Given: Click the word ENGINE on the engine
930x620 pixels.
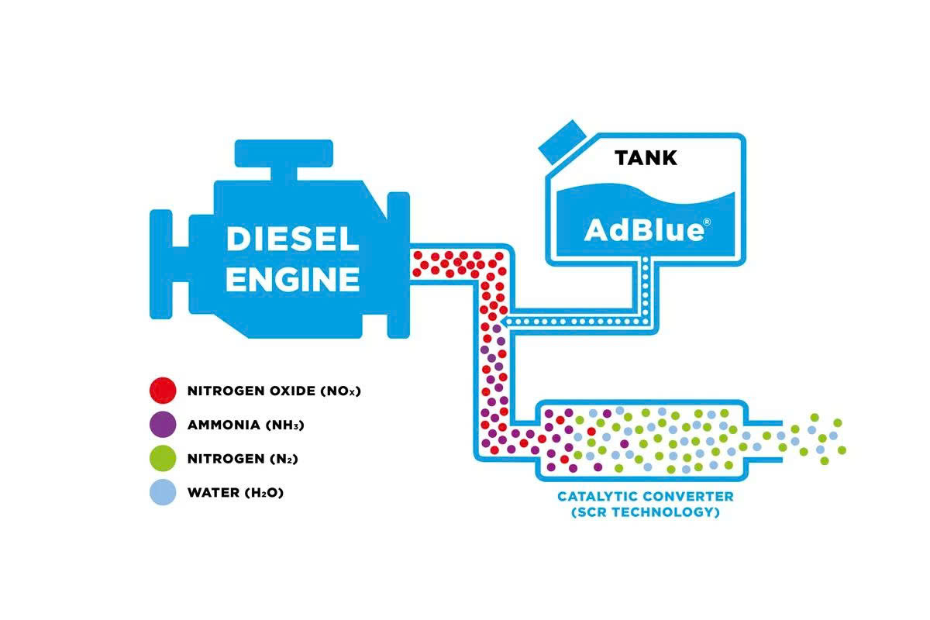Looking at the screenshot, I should click(x=292, y=278).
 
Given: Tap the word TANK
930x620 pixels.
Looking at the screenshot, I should click(x=646, y=158).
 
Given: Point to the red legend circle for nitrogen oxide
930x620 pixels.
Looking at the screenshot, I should click(x=163, y=390).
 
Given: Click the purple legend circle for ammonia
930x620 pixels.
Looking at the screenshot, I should click(x=163, y=424).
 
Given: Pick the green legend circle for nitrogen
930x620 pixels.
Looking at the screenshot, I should click(x=163, y=458).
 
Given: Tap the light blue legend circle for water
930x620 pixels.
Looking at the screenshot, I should click(x=163, y=492).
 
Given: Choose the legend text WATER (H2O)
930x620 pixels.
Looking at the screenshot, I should click(x=236, y=492).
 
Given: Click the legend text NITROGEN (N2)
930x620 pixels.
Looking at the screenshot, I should click(x=243, y=459).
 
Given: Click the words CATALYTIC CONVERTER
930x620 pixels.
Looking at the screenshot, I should click(x=644, y=496).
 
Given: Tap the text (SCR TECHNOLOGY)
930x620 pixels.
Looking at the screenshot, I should click(x=644, y=512).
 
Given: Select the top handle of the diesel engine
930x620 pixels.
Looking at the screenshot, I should click(x=283, y=152).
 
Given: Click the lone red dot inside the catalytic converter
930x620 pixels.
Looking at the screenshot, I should click(x=591, y=431).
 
